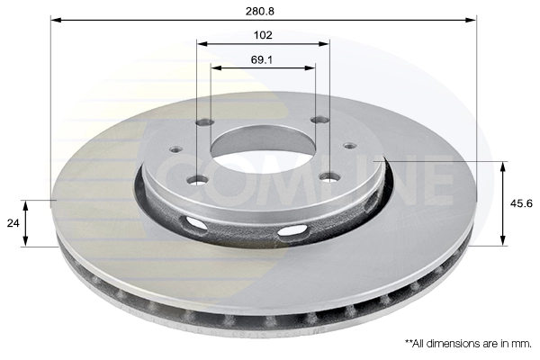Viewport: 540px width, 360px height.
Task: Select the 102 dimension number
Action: coord(264,35)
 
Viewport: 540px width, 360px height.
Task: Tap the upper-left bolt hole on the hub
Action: coord(205,122)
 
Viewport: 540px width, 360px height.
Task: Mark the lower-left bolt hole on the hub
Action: coord(197,180)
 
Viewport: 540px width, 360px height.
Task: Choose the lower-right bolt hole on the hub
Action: coord(329,176)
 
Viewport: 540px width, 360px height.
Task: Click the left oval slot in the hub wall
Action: coord(192,222)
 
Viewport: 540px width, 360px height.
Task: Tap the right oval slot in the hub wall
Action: coord(291,233)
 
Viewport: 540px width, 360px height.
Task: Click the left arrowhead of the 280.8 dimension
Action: coord(54,19)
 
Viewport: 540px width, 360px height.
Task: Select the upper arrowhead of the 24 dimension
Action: coord(26,203)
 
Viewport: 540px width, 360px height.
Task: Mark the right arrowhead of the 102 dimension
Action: coord(325,43)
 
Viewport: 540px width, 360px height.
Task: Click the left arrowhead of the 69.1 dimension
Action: coord(215,67)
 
